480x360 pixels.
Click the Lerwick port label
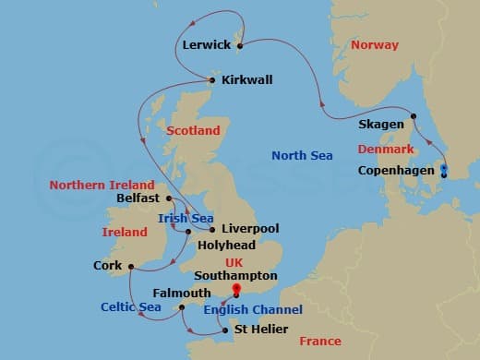click(x=208, y=43)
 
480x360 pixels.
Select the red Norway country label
click(x=374, y=45)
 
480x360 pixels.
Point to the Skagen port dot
click(x=414, y=116)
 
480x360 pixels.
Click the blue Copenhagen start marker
click(x=444, y=170)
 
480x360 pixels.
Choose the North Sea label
click(x=302, y=155)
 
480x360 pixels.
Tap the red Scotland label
click(x=193, y=131)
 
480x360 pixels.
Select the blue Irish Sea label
click(x=180, y=218)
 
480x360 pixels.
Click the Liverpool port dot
click(x=213, y=229)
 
